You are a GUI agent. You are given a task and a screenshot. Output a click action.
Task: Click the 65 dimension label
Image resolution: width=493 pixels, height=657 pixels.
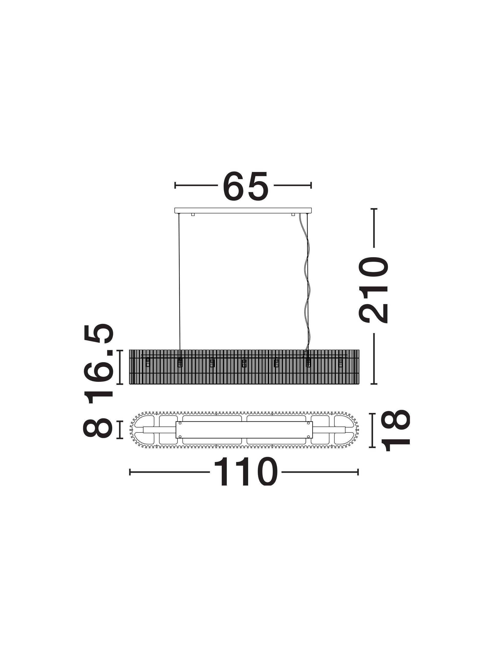[x=245, y=185]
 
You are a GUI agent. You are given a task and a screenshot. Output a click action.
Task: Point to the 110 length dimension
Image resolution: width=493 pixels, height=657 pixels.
[x=245, y=472]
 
